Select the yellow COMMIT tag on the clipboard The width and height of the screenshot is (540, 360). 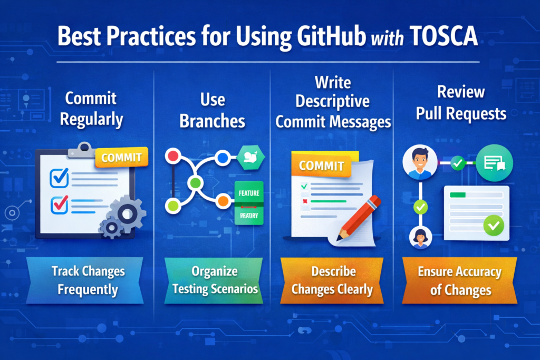pyautogui.click(x=121, y=157)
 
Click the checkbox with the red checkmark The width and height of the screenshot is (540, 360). pyautogui.click(x=59, y=203)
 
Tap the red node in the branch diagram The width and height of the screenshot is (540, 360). pyautogui.click(x=172, y=156)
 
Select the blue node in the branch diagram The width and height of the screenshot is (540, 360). pyautogui.click(x=223, y=157)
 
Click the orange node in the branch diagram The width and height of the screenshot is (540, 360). pyautogui.click(x=223, y=201)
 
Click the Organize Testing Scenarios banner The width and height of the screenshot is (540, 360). pyautogui.click(x=213, y=280)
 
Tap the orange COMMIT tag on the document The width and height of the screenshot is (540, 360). pyautogui.click(x=322, y=166)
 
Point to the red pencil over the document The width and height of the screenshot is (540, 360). pyautogui.click(x=359, y=216)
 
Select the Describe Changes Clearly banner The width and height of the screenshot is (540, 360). pyautogui.click(x=332, y=280)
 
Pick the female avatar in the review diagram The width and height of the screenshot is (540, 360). pyautogui.click(x=420, y=237)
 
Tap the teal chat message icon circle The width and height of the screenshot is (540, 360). pyautogui.click(x=494, y=164)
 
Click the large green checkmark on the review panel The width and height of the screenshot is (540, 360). pyautogui.click(x=494, y=226)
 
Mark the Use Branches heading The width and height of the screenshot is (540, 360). pyautogui.click(x=213, y=110)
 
